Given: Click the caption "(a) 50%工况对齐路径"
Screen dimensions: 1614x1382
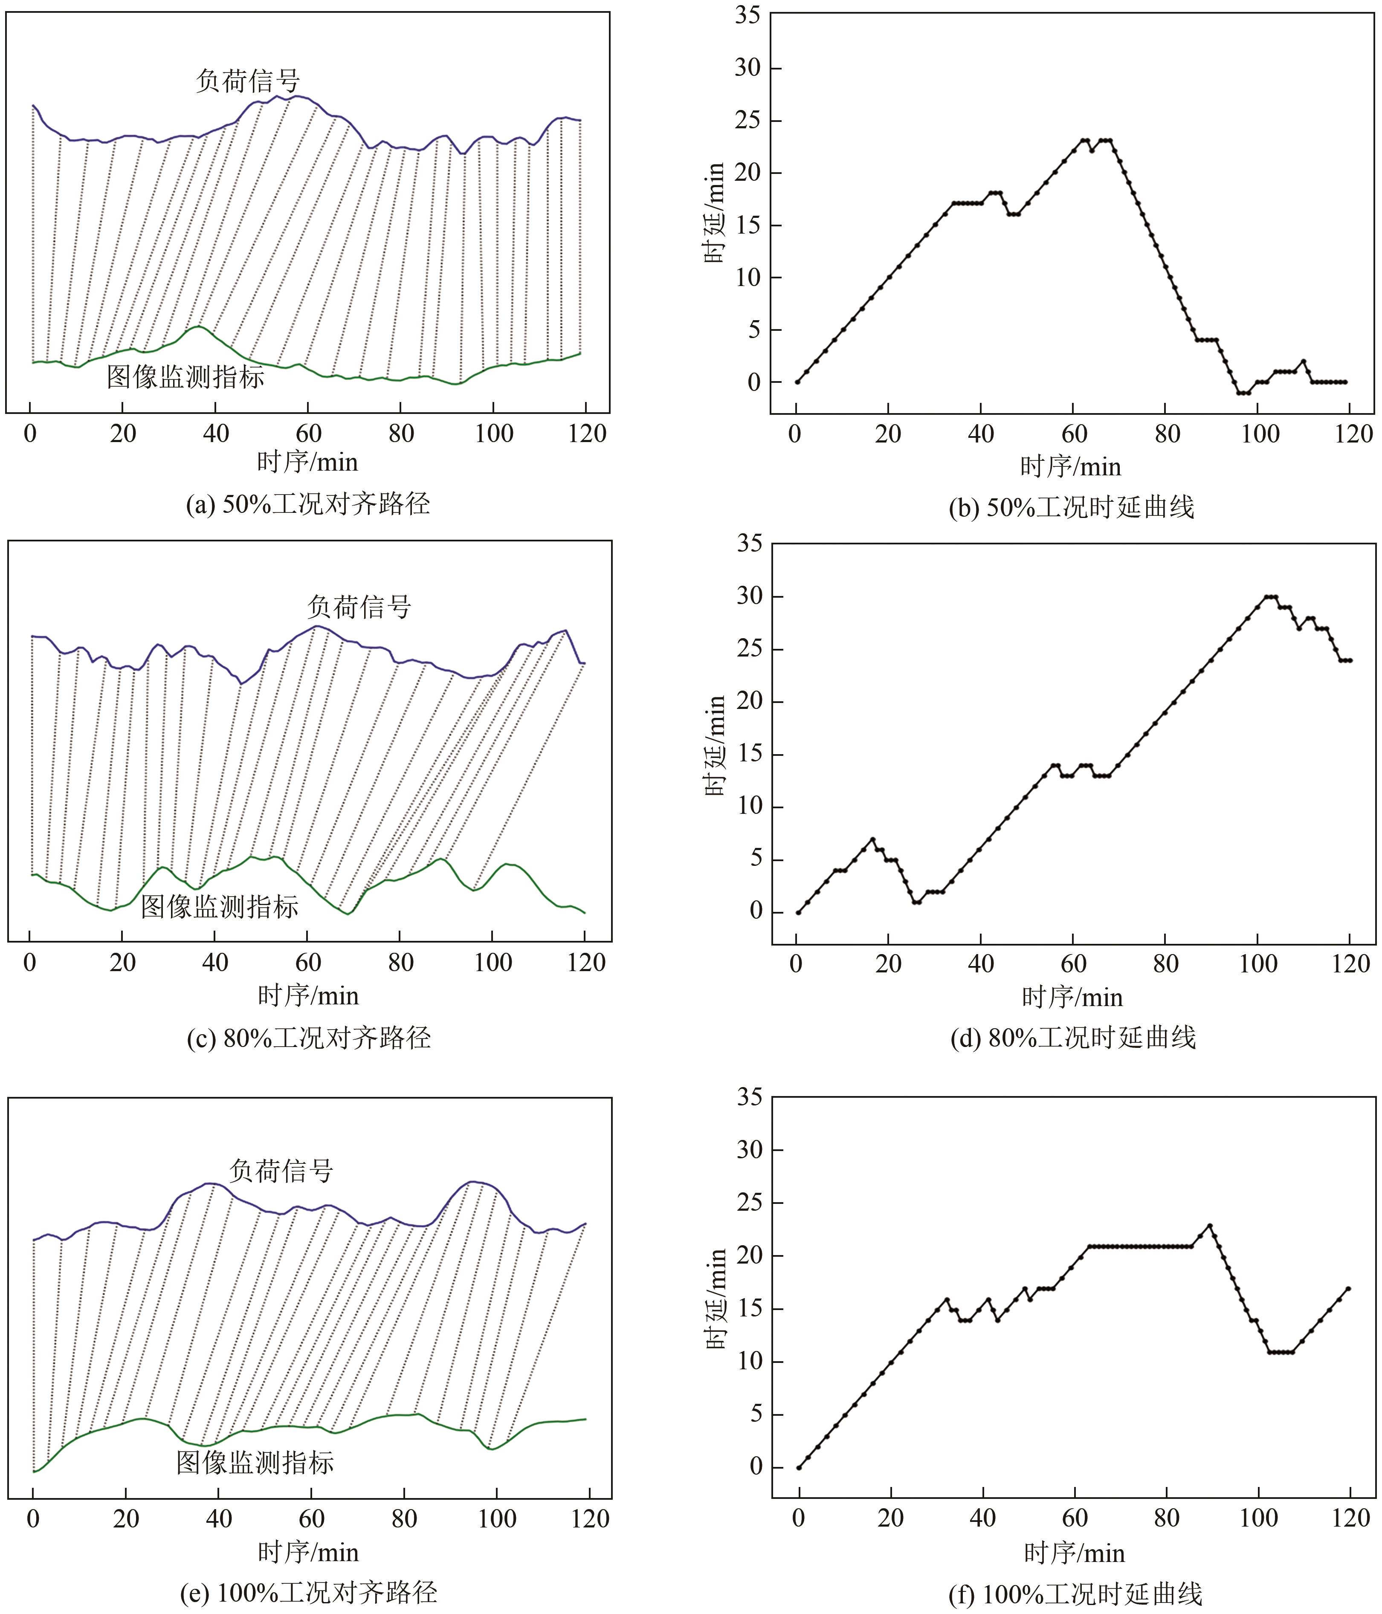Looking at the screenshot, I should point(308,504).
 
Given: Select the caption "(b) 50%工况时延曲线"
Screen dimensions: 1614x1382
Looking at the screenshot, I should point(1071,508).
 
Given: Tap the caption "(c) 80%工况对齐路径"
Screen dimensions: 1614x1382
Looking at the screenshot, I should point(308,1038).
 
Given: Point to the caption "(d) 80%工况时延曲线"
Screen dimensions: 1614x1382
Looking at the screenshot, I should point(1073,1038).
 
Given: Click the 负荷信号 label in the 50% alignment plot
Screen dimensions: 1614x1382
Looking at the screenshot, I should point(248,80).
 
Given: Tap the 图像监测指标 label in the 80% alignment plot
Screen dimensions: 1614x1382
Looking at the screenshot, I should point(220,906).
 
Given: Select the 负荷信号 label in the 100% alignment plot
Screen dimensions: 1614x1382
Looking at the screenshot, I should point(281,1170).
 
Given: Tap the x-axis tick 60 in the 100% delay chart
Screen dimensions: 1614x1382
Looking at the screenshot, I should point(1075,1518).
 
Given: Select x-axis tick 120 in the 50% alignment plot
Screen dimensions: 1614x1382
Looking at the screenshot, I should point(587,434).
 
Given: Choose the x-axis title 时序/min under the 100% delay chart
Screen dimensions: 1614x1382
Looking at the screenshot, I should point(1074,1553).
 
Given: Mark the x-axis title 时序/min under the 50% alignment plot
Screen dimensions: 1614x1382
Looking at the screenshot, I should point(308,463).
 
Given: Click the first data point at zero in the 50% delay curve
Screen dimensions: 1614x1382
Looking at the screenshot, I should point(797,382).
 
